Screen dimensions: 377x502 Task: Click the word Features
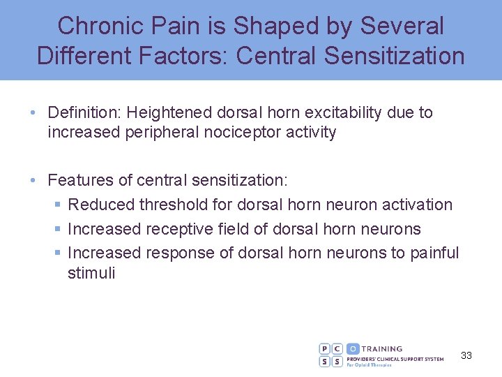click(77, 179)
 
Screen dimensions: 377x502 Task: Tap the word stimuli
click(91, 272)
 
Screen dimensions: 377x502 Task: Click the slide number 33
click(466, 355)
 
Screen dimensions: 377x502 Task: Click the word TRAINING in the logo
click(382, 348)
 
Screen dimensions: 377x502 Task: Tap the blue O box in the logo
click(353, 348)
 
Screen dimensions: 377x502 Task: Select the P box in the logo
click(325, 348)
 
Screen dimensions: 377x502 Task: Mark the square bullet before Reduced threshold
click(57, 205)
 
